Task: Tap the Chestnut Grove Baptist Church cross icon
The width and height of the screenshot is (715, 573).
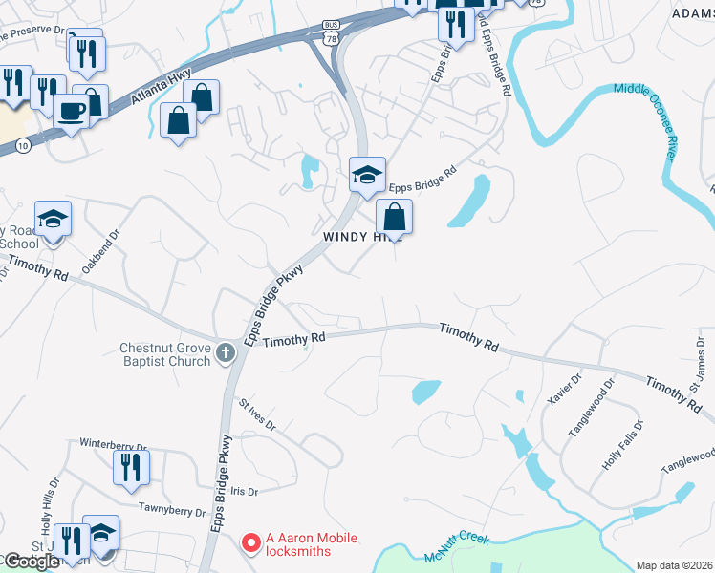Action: (226, 353)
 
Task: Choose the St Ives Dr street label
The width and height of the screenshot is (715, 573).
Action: (258, 417)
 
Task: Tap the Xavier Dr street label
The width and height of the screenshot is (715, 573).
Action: (565, 390)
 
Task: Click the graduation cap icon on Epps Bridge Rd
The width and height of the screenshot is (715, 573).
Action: (367, 175)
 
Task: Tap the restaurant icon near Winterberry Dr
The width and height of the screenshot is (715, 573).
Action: (130, 467)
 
